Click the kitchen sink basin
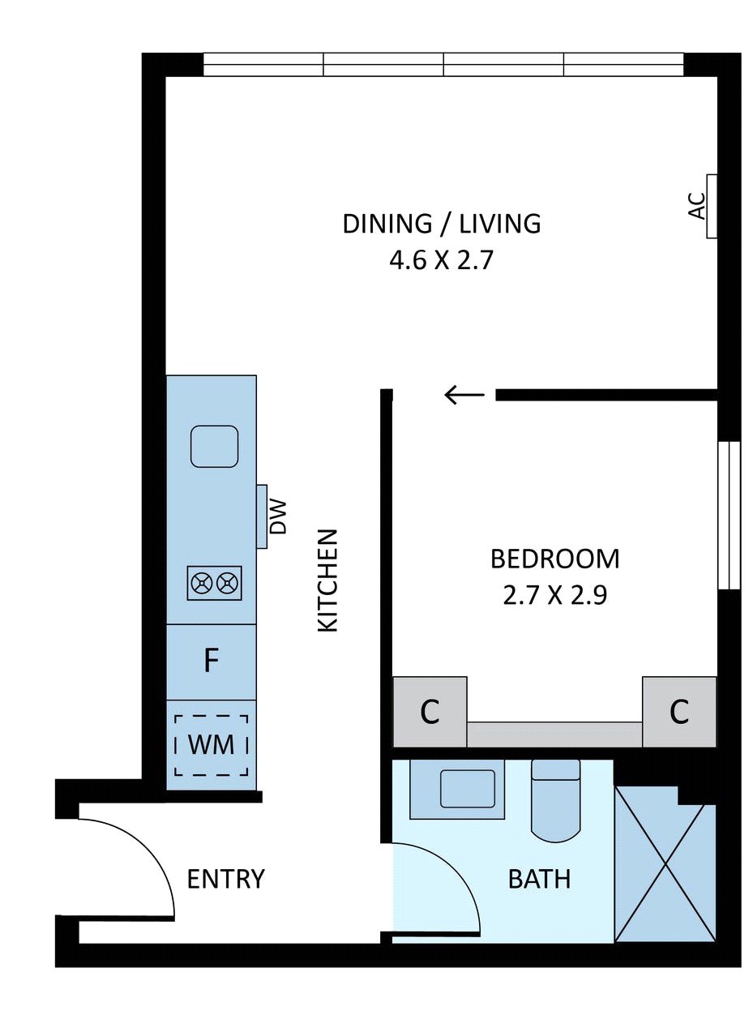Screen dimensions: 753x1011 (x=214, y=446)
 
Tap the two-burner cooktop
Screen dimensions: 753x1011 (x=214, y=583)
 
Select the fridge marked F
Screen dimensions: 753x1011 (x=211, y=662)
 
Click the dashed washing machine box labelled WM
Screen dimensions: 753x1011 (x=212, y=745)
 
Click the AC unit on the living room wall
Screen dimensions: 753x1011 (x=712, y=206)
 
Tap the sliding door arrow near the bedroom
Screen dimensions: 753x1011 (x=464, y=395)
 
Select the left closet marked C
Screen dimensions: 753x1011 (x=430, y=712)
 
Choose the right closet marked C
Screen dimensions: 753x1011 (x=679, y=712)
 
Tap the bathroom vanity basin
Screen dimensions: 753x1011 (x=468, y=789)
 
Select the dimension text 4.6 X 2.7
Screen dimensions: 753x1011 (x=441, y=261)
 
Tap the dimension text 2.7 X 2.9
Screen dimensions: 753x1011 (x=554, y=595)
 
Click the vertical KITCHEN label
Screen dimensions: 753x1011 (x=327, y=580)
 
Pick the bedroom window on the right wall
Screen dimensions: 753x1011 (x=729, y=515)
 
